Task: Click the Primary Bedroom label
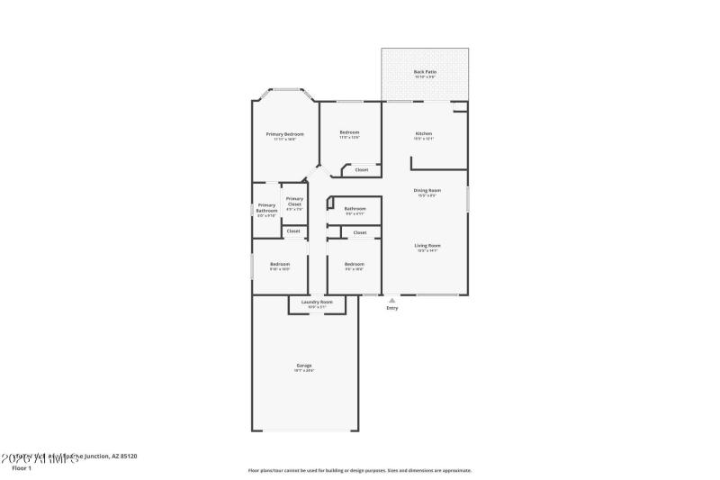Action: click(x=284, y=133)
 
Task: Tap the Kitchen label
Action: click(x=424, y=133)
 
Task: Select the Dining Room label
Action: click(x=427, y=190)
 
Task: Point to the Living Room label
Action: click(x=427, y=245)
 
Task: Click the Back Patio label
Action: click(x=425, y=71)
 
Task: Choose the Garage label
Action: click(x=304, y=365)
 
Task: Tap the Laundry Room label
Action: click(x=317, y=302)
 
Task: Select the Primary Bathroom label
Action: click(x=266, y=208)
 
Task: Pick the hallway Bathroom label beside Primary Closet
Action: click(x=355, y=209)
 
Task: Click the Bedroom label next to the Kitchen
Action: click(x=349, y=132)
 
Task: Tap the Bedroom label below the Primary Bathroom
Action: click(x=280, y=264)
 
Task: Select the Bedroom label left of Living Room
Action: click(x=355, y=264)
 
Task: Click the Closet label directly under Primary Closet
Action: click(x=293, y=231)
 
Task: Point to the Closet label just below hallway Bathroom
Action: click(x=360, y=232)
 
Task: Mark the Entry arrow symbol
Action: click(x=391, y=300)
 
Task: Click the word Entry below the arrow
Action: click(x=391, y=308)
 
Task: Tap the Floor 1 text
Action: click(x=22, y=468)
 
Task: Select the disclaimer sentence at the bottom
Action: click(x=359, y=470)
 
